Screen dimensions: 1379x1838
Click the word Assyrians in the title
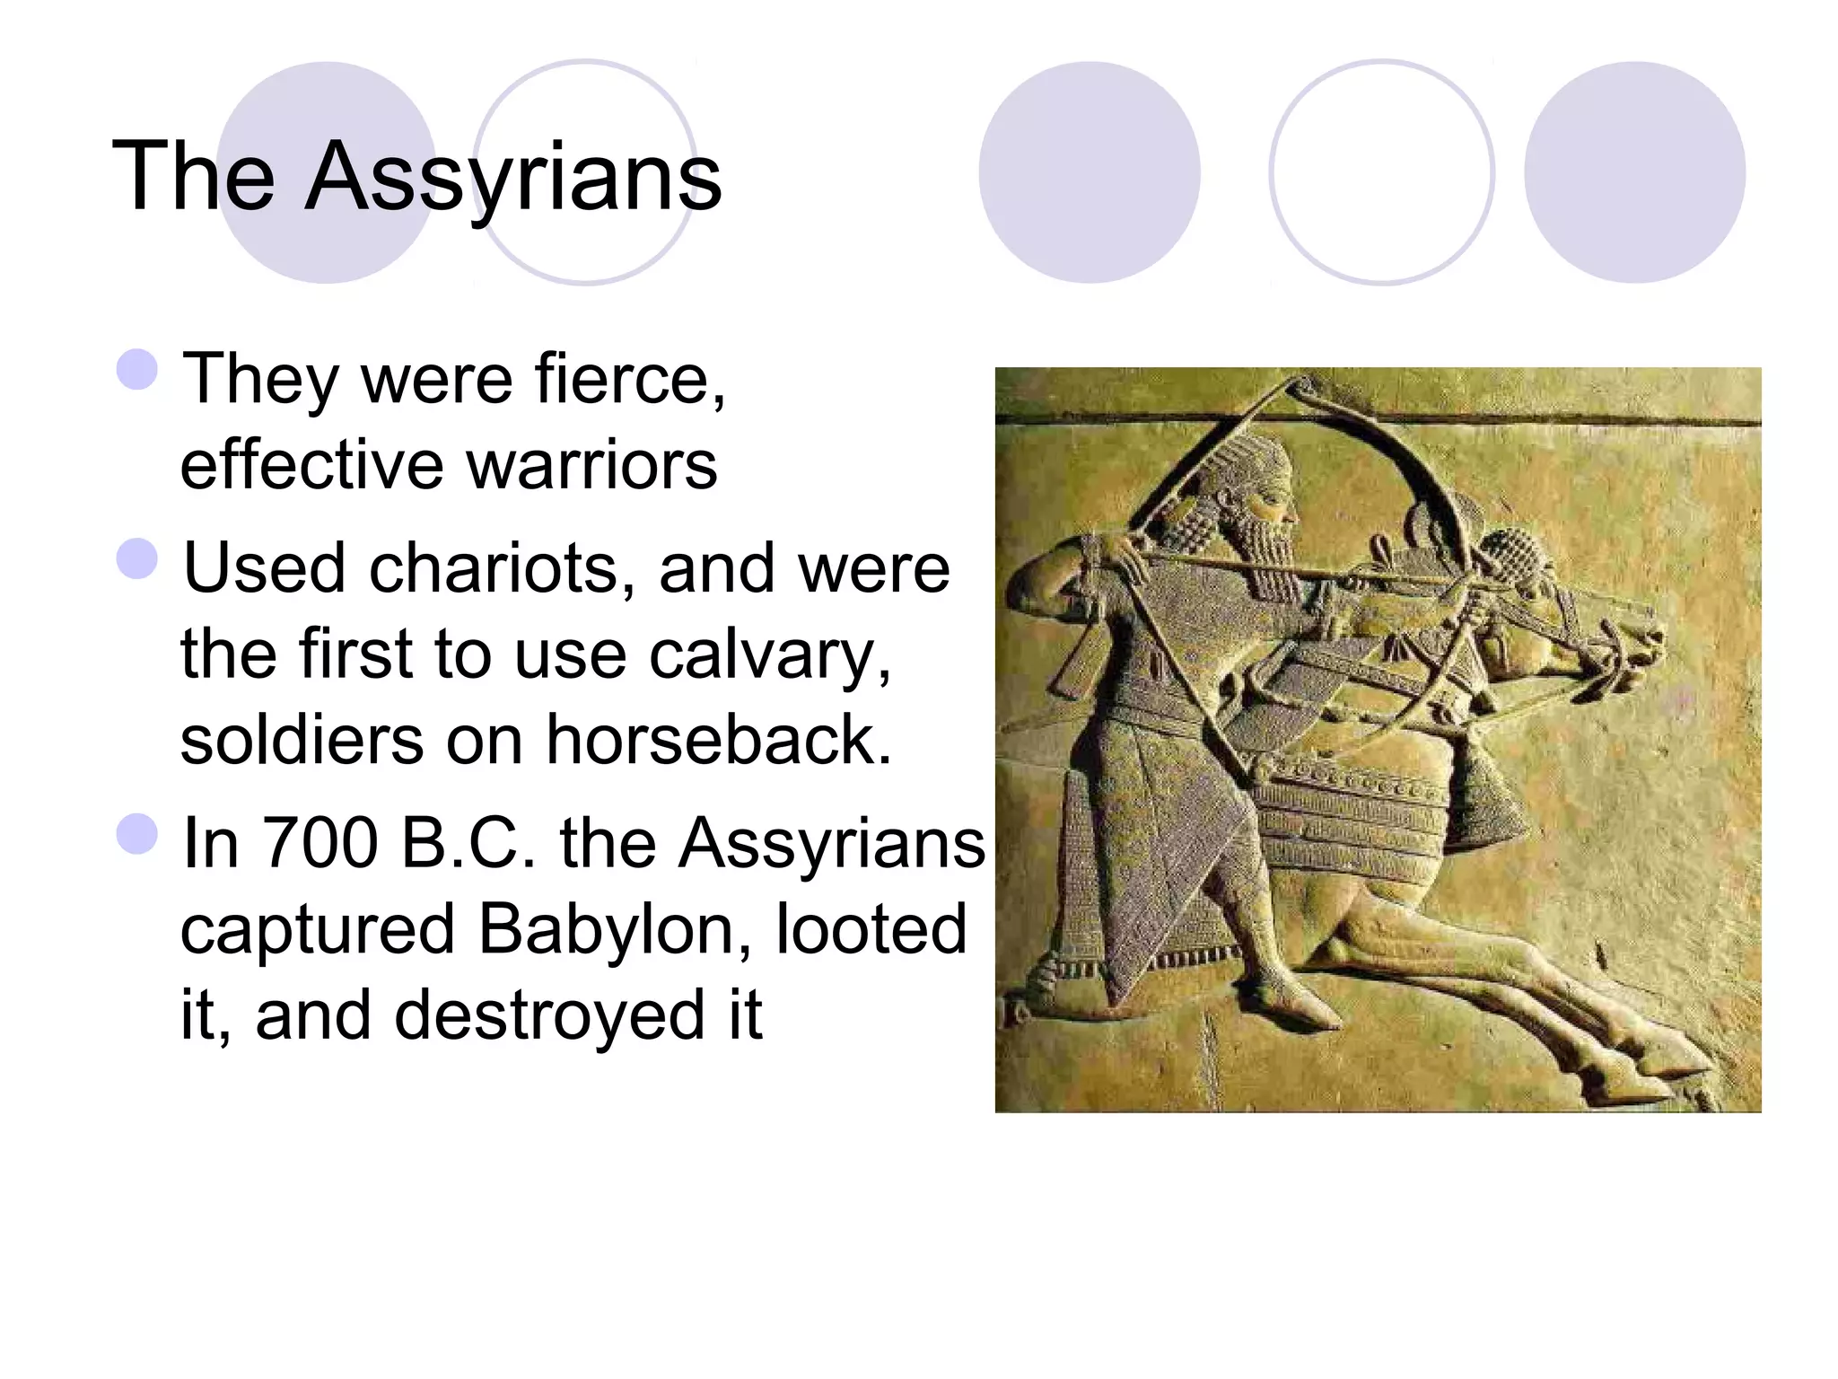click(x=513, y=178)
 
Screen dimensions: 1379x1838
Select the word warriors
click(x=591, y=466)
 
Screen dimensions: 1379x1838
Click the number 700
click(x=319, y=843)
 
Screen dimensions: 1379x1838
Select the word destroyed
click(x=549, y=1015)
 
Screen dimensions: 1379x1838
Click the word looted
click(x=871, y=929)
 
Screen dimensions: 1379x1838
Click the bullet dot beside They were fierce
click(x=137, y=369)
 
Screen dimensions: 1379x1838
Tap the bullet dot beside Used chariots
click(x=137, y=558)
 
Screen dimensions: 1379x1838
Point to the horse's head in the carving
click(x=1615, y=646)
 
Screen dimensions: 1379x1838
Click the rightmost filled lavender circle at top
click(x=1634, y=172)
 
